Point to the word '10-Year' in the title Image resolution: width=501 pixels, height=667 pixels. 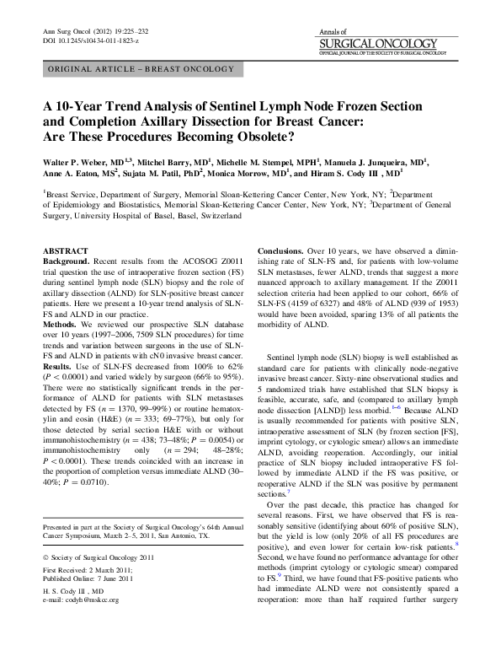tap(81, 107)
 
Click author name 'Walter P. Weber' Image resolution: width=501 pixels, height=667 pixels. tap(79, 160)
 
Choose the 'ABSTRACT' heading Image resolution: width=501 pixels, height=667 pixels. tap(66, 251)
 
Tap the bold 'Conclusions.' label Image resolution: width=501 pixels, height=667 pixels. tap(285, 251)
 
